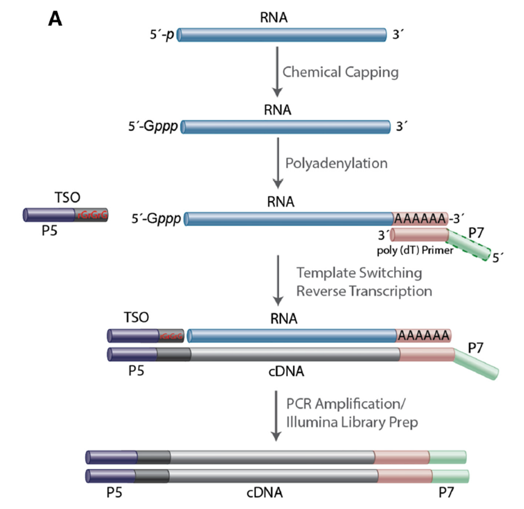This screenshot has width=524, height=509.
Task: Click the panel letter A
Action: tap(56, 19)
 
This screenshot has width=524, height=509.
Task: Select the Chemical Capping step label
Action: tap(340, 72)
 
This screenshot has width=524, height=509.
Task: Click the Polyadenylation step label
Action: tap(336, 163)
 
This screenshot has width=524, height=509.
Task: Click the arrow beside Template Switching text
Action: tap(275, 281)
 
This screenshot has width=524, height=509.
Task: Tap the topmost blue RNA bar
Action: tap(282, 34)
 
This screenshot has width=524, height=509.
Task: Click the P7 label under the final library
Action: tap(445, 493)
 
